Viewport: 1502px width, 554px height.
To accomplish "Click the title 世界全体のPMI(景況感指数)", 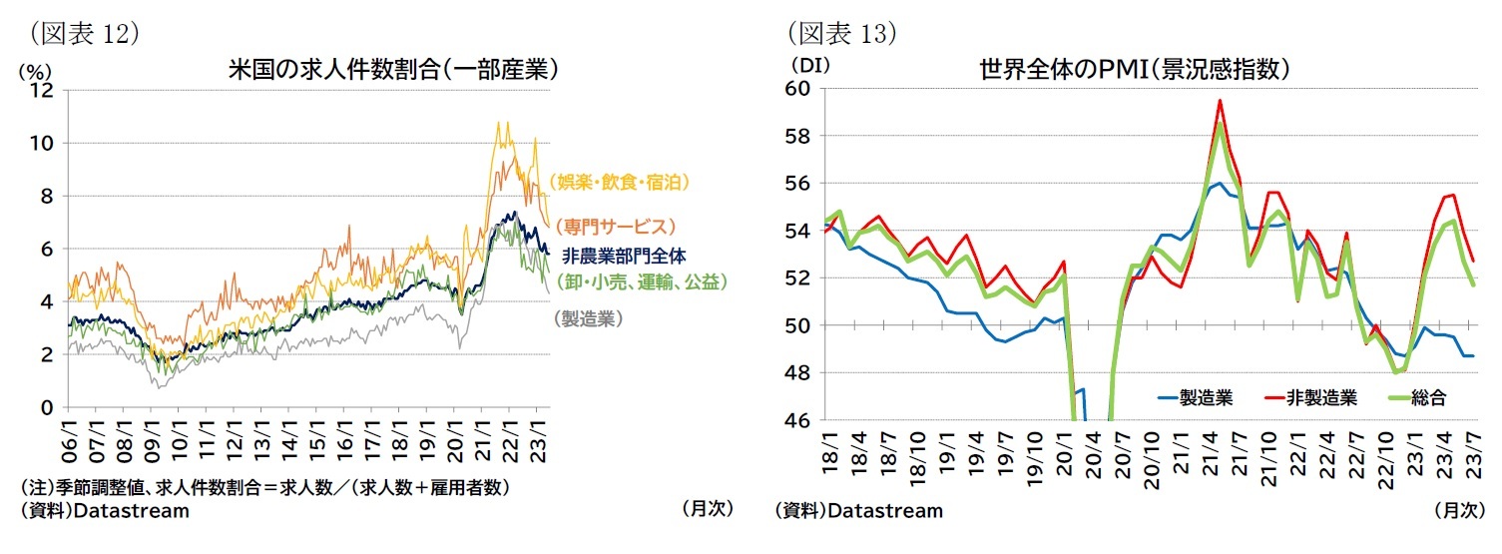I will click(x=1135, y=70).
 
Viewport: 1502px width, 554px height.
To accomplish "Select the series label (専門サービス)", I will click(x=616, y=227).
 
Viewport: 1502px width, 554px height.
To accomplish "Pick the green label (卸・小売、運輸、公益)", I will click(x=640, y=281).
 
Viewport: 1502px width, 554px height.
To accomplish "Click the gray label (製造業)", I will click(x=588, y=318).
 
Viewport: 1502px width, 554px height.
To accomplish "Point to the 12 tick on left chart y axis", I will click(x=42, y=90).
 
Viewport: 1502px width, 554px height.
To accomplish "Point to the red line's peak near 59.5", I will click(x=1220, y=100).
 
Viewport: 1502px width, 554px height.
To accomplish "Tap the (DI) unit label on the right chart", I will click(x=804, y=66).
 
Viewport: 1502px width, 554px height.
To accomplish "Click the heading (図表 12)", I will click(x=84, y=33).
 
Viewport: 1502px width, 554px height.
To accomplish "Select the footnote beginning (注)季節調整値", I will click(x=264, y=487).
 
